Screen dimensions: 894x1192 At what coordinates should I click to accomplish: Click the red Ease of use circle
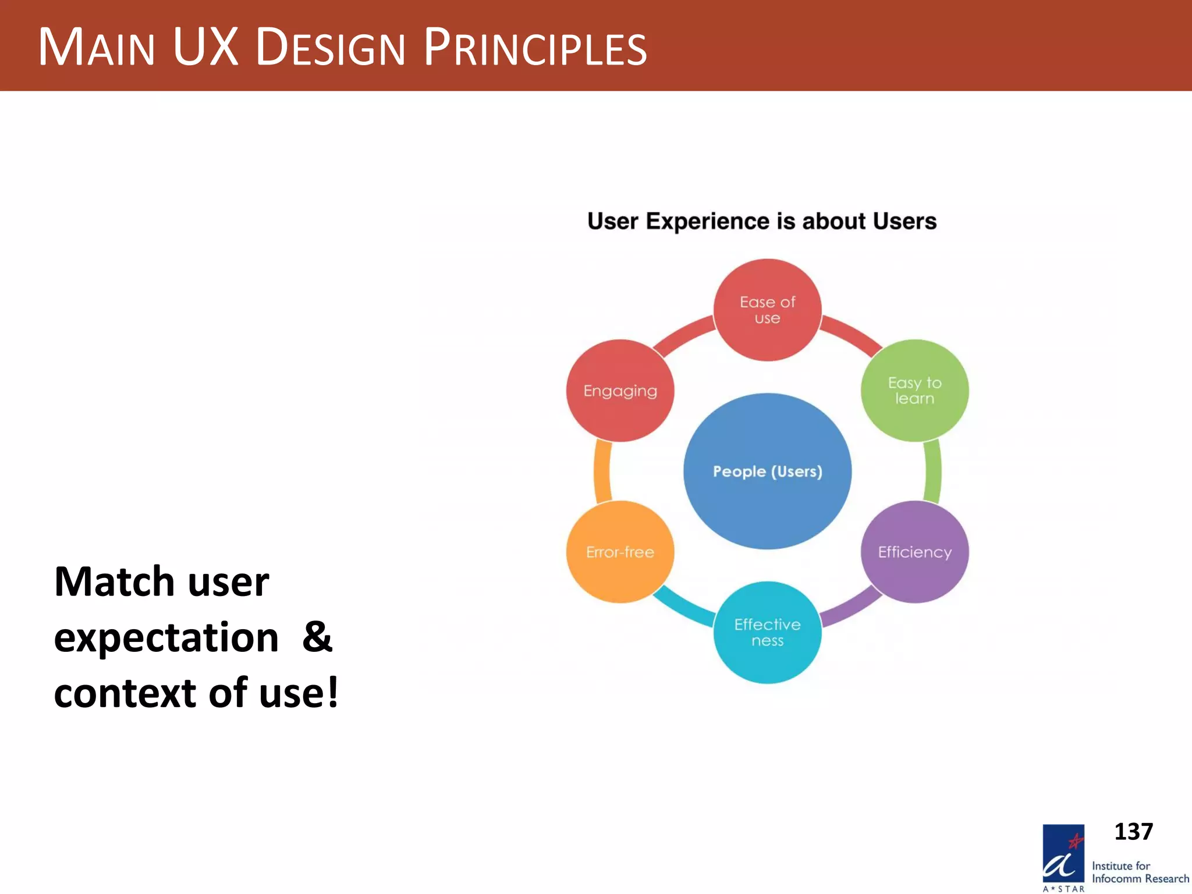point(767,310)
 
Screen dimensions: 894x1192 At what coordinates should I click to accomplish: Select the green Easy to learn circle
point(914,391)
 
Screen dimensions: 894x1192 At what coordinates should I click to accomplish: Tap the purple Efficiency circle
point(914,552)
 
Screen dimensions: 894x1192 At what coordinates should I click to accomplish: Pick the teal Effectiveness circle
point(767,632)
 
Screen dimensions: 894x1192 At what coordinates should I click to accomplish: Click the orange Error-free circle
point(620,552)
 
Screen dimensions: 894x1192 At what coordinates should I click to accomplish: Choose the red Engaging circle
point(620,391)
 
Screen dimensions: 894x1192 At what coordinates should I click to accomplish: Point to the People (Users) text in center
point(767,471)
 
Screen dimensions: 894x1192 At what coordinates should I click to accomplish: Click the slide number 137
point(1133,831)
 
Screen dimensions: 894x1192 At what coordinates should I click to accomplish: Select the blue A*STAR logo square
point(1063,853)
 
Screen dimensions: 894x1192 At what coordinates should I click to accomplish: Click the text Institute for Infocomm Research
point(1139,872)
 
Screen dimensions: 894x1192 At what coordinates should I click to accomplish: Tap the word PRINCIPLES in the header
point(535,48)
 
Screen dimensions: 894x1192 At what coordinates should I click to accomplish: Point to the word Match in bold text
point(114,581)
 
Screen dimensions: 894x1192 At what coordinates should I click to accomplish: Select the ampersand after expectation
point(317,637)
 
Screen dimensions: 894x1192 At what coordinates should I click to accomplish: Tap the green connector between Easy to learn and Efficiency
point(933,471)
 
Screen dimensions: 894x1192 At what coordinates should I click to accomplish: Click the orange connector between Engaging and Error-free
point(602,471)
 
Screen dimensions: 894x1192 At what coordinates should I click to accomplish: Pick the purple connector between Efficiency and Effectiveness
point(850,608)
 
